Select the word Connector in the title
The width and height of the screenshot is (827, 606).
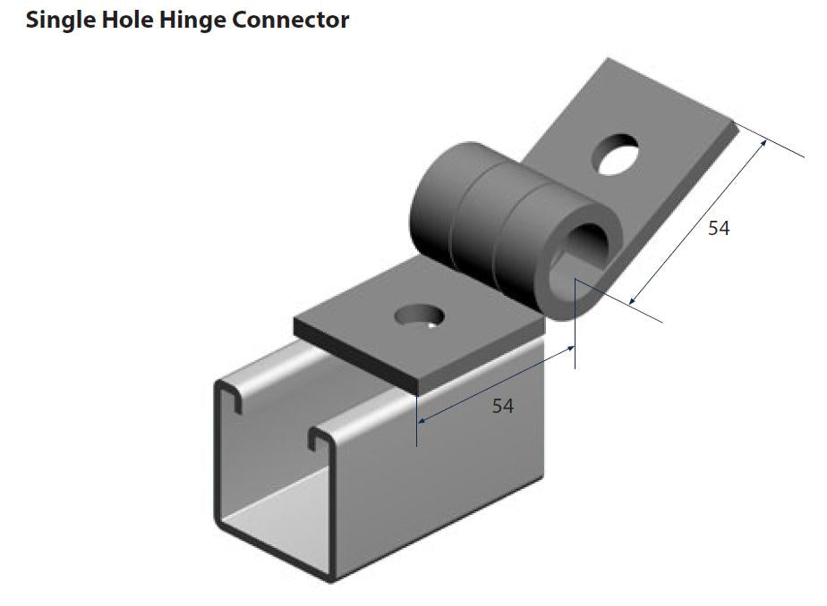point(291,20)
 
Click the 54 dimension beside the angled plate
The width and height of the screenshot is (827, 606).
point(719,229)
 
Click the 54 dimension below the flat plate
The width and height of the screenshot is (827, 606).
point(503,407)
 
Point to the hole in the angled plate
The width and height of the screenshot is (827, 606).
point(618,153)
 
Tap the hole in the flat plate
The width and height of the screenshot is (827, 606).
point(419,315)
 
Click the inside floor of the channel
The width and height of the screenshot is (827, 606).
point(269,527)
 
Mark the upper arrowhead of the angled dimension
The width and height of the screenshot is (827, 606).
point(764,141)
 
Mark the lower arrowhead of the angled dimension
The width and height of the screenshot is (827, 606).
point(633,301)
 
